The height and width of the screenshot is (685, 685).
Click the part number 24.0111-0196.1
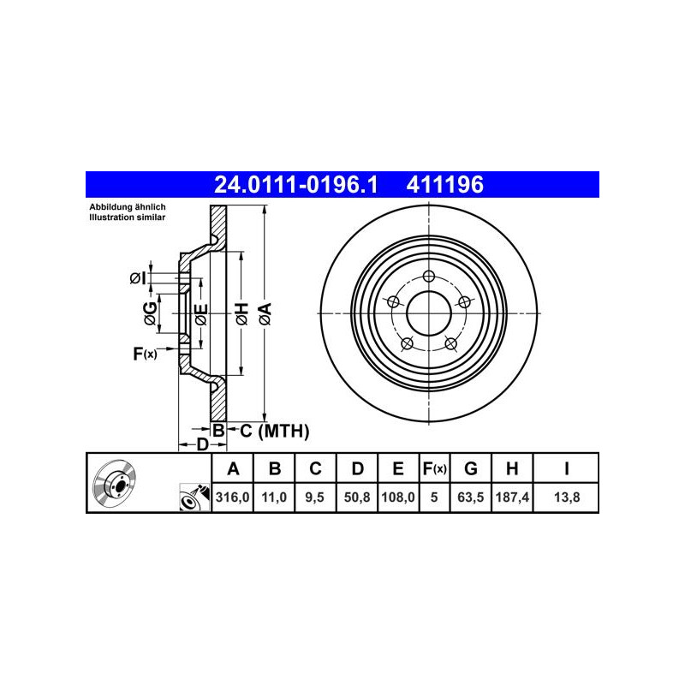(x=295, y=184)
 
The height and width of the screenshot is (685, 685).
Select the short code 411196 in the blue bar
(x=446, y=184)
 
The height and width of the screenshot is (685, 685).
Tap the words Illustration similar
(x=128, y=218)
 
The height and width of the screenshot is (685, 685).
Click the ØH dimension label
(x=241, y=314)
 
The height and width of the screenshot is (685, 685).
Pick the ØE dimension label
(x=200, y=315)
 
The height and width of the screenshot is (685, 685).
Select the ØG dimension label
(x=150, y=313)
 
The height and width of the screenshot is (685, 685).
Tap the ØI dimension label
(x=136, y=277)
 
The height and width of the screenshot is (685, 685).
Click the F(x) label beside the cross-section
(x=145, y=353)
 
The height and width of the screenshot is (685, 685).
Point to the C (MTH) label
(x=273, y=431)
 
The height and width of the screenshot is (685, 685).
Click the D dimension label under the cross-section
(x=202, y=444)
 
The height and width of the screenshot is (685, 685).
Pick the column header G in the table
(x=470, y=468)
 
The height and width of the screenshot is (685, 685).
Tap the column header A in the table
(x=232, y=468)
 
